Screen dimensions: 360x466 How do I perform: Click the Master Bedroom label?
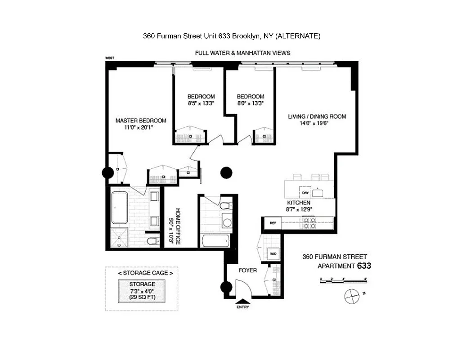pos(141,121)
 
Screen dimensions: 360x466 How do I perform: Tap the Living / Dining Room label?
pos(317,117)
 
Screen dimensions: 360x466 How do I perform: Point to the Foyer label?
pos(248,270)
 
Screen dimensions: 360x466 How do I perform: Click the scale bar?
pos(344,280)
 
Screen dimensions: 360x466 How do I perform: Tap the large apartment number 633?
pos(364,265)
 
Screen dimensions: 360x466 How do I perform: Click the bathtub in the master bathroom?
pos(119,208)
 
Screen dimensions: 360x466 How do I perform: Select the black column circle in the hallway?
pos(226,172)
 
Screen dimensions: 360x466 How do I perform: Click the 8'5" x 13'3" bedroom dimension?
pos(201,103)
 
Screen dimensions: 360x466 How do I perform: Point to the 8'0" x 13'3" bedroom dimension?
pos(250,103)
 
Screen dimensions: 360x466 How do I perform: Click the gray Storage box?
pos(142,290)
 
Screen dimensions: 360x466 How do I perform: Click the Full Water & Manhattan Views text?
pos(242,53)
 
